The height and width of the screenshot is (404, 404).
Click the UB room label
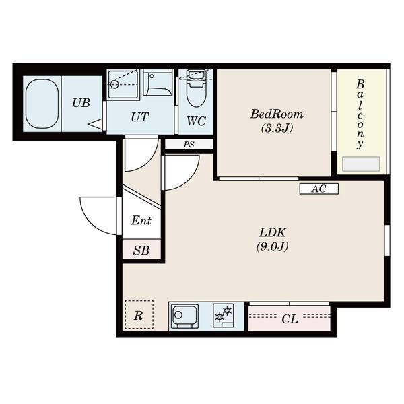(81, 103)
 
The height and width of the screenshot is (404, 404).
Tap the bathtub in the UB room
(42, 104)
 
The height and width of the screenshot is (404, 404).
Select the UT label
(140, 117)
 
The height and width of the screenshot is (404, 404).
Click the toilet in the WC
(196, 88)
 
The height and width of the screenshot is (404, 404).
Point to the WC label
(196, 121)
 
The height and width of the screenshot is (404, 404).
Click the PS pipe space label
(189, 145)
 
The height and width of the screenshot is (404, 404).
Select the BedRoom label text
(277, 114)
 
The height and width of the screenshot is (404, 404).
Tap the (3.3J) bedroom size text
(277, 128)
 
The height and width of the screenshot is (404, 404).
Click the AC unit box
(319, 189)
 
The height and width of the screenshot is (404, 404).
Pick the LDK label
(273, 232)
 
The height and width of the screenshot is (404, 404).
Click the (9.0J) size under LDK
(272, 246)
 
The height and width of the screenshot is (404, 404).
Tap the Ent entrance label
(141, 221)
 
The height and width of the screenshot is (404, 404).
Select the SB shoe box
(141, 249)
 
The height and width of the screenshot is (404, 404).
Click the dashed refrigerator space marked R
(139, 314)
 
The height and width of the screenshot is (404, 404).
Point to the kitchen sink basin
(184, 316)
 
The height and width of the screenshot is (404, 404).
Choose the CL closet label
(290, 319)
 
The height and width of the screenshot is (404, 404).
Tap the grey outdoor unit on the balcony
(361, 164)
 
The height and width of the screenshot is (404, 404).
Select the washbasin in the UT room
(158, 83)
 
